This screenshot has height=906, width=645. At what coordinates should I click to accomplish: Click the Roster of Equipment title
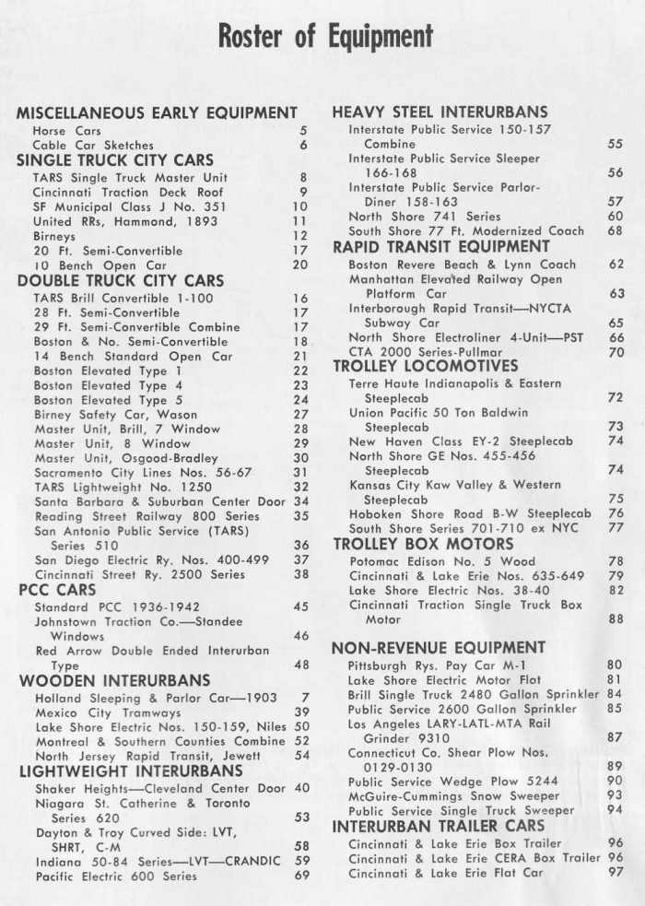pos(324,38)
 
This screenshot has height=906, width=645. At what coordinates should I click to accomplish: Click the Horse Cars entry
pos(67,131)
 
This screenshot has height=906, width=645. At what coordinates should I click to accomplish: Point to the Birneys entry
pos(56,236)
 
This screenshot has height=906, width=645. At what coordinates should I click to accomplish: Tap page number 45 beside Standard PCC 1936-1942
pos(301,607)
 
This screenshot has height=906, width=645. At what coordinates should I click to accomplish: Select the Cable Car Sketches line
pos(93,145)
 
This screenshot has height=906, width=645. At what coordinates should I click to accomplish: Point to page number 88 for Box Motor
pos(616,620)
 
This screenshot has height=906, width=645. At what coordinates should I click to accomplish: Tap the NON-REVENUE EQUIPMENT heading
pos(438,647)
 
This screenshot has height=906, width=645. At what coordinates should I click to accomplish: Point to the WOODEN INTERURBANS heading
pos(114,681)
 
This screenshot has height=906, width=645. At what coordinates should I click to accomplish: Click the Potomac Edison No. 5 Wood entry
pos(441,561)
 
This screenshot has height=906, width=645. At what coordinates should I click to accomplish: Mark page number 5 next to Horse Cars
pos(302,131)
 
